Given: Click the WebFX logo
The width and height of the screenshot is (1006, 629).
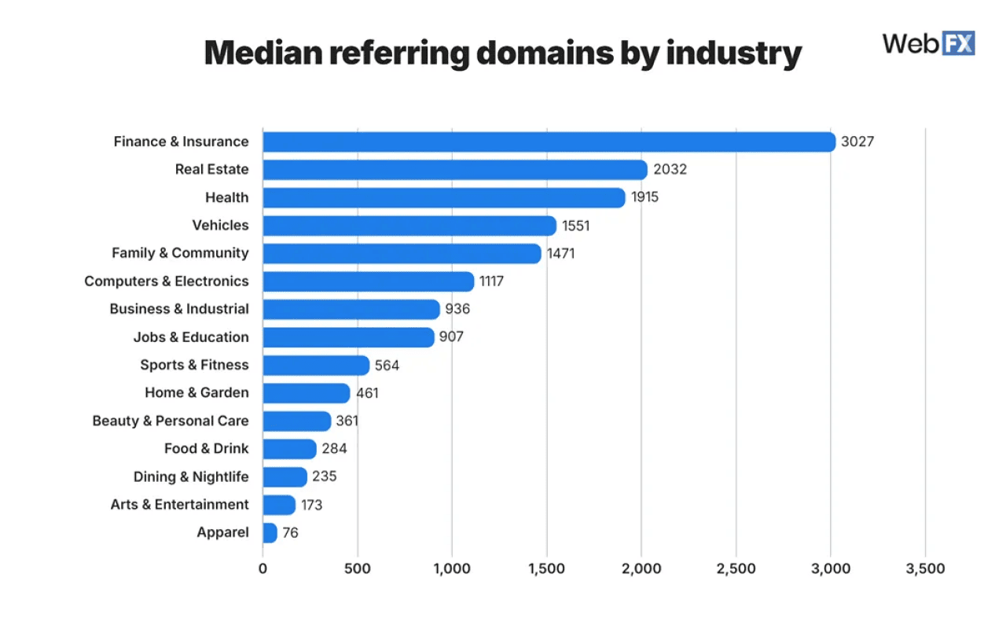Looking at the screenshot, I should coord(928,42).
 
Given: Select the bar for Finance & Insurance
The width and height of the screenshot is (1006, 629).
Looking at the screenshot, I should coord(549,142).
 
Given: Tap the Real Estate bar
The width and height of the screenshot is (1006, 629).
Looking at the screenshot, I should coord(454,170).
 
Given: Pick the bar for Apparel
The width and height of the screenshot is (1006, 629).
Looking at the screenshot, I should coord(270,533).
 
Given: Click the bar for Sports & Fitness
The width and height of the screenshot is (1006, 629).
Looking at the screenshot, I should coord(315,366).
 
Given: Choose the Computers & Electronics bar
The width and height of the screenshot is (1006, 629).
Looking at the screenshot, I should coord(368,281).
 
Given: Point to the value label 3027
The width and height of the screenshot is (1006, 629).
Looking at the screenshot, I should coord(857,142).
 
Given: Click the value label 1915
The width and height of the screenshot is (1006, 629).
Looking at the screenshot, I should coord(644,197).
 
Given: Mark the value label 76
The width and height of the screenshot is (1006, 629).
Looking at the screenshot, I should coord(290,533).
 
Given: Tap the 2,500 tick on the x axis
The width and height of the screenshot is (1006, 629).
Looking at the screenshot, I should coord(736,568).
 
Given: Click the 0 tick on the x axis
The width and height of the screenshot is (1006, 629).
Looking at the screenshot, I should coord(263,568).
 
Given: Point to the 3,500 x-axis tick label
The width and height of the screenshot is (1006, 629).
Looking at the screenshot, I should coord(925,568).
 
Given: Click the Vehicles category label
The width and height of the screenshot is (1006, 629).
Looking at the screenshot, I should coord(220,226).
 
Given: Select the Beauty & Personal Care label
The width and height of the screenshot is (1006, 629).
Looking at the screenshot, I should coord(170,421).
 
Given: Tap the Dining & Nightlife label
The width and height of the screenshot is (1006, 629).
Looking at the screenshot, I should coord(190,477).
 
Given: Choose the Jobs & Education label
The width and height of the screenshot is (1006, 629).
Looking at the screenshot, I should coord(190,337).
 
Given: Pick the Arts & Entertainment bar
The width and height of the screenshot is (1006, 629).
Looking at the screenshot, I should coord(278,505).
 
